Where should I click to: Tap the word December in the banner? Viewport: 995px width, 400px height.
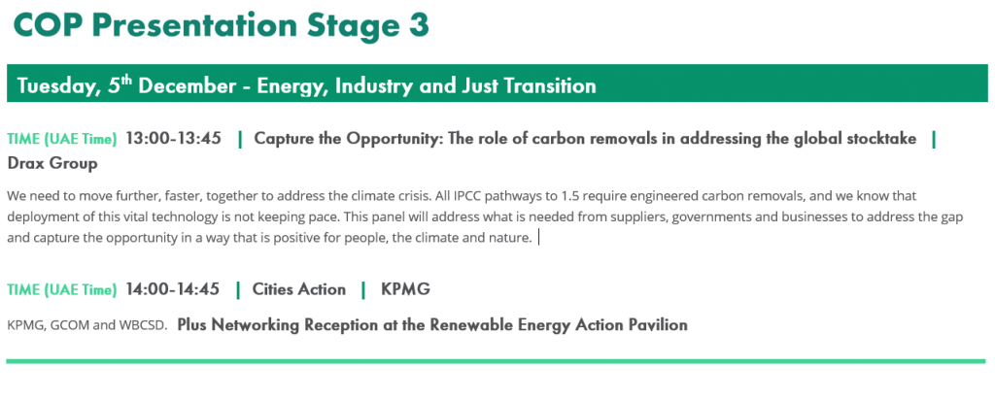[x=187, y=85]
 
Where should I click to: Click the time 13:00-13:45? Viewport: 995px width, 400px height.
[x=173, y=138]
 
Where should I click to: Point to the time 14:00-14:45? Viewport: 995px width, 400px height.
[x=173, y=289]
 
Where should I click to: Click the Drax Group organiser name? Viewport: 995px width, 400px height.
[x=52, y=163]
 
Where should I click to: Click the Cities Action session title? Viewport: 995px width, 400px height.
[x=299, y=289]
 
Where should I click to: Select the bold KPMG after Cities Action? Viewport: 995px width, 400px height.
[x=405, y=289]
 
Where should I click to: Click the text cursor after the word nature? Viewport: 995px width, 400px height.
[x=538, y=238]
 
